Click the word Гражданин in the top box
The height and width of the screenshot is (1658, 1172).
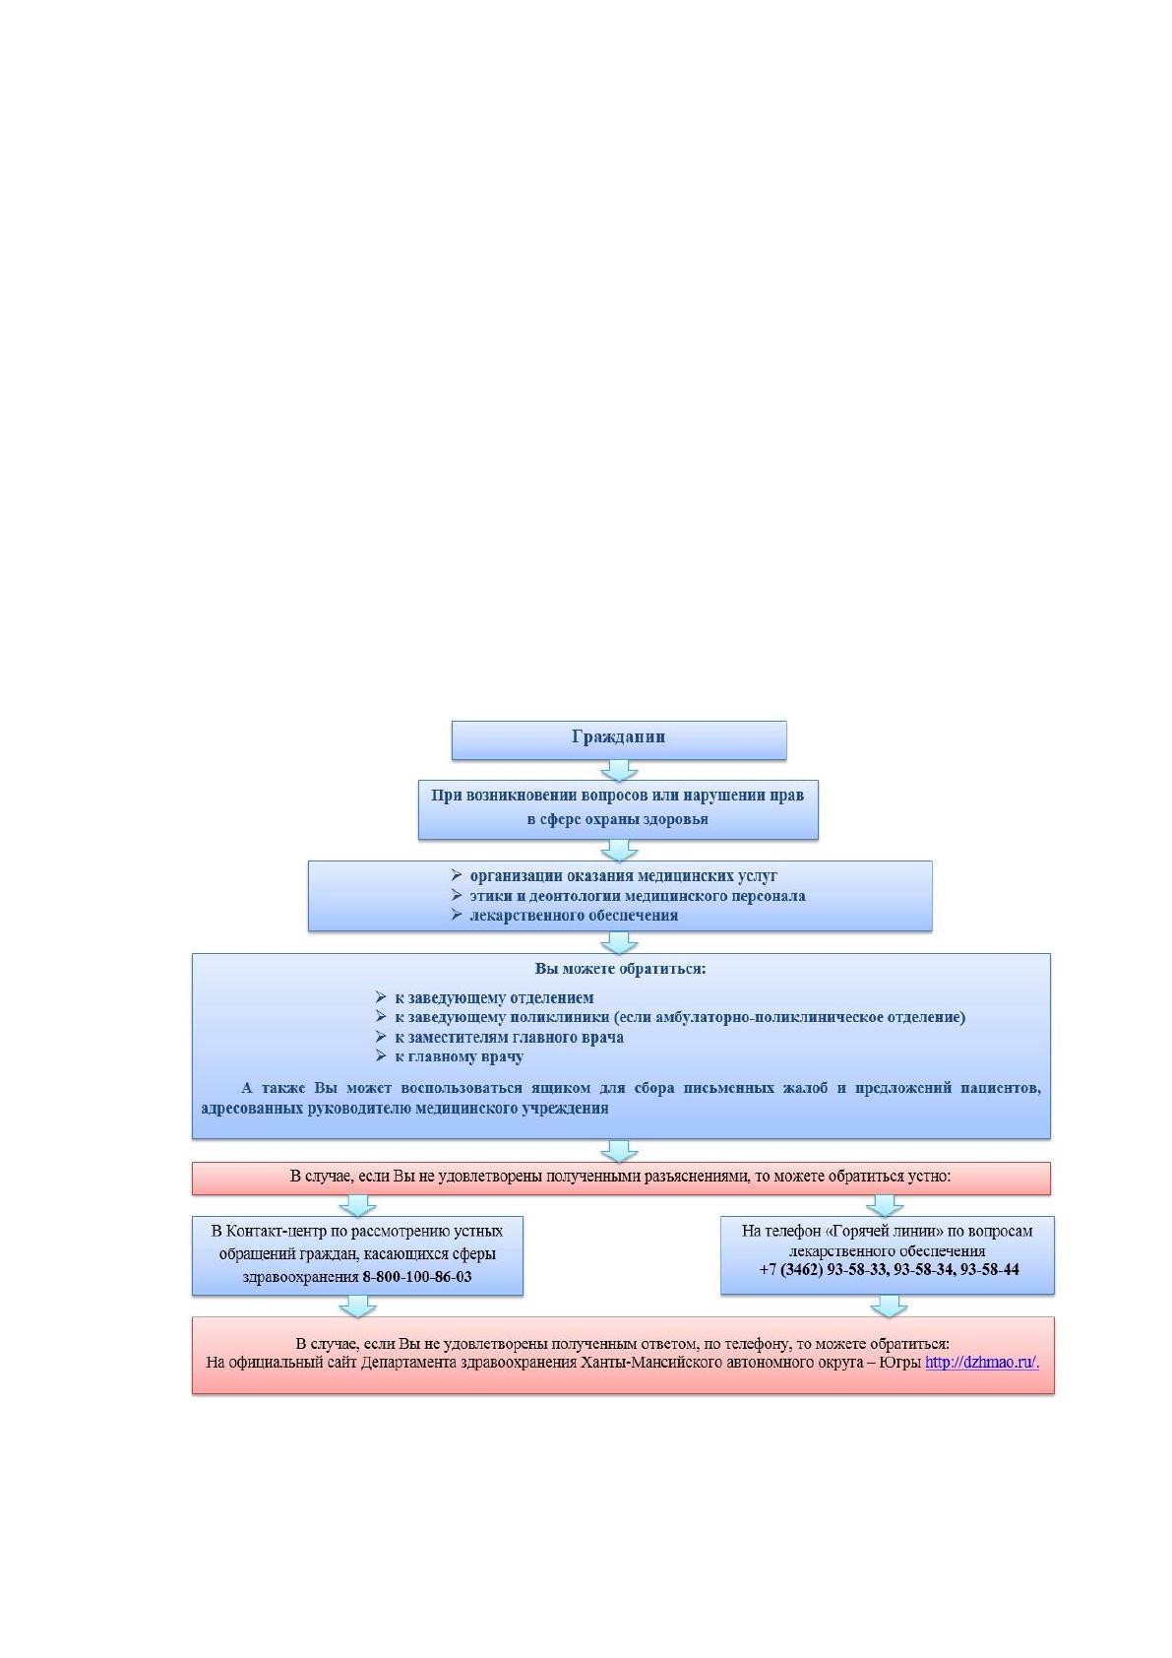(618, 736)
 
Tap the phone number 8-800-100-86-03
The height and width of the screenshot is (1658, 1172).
(416, 1277)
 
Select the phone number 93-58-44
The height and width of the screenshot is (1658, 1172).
(989, 1270)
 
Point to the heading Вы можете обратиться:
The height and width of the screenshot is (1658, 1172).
(620, 969)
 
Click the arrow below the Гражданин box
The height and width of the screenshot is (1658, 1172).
(619, 770)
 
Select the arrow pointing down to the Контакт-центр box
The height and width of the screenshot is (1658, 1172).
(357, 1206)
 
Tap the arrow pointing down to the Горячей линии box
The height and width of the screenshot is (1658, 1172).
(885, 1206)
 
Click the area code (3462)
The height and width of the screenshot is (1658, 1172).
(801, 1270)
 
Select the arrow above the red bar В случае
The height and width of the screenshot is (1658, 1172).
(619, 1151)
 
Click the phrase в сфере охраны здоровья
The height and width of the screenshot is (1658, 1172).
(617, 819)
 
